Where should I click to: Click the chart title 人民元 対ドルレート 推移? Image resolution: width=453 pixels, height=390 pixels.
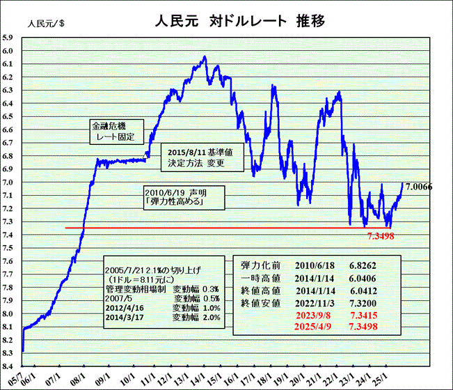coord(239,21)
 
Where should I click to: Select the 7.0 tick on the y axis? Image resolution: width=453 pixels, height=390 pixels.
coord(8,182)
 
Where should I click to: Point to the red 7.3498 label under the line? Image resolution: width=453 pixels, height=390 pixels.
coord(382,236)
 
